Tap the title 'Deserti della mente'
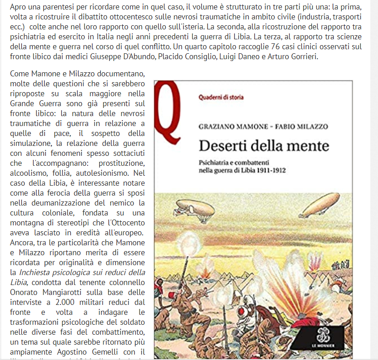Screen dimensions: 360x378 pyautogui.click(x=264, y=146)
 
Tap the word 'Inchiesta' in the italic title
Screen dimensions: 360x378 pyautogui.click(x=34, y=272)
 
